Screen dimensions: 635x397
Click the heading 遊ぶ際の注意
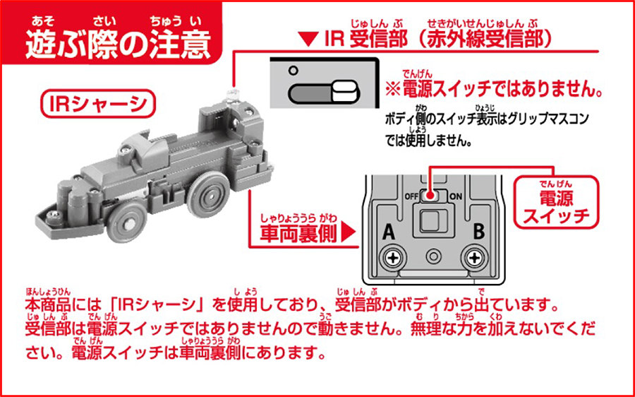point(118,45)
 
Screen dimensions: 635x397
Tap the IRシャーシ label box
point(98,105)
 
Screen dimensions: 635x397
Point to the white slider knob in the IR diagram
point(344,93)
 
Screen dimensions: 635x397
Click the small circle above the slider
point(293,71)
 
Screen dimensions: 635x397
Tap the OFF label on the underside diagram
point(411,196)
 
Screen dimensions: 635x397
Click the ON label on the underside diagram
point(456,196)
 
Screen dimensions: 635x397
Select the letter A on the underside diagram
point(389,233)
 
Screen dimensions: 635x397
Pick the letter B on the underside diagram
point(478,233)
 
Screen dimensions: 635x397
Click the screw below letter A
point(392,258)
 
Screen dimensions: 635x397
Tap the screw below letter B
point(473,258)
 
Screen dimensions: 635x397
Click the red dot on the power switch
point(431,196)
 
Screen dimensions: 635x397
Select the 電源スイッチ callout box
point(556,202)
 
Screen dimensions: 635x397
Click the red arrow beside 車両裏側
point(349,234)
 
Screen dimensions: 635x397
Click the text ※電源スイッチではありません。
point(492,89)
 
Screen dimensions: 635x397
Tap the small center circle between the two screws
point(433,256)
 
